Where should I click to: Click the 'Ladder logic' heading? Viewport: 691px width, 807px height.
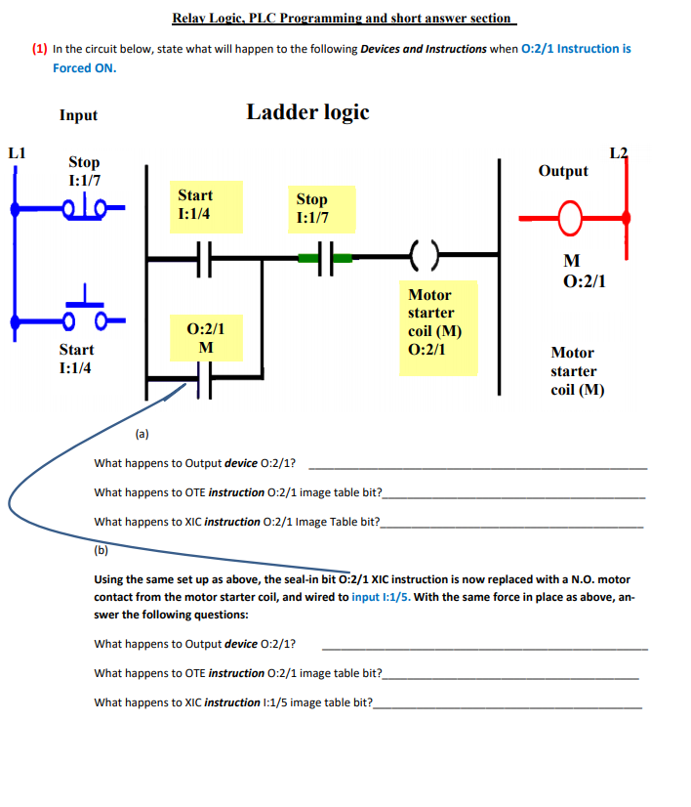pyautogui.click(x=307, y=112)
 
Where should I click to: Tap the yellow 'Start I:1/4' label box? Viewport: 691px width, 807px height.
pyautogui.click(x=206, y=206)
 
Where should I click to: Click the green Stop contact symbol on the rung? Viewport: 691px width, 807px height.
pyautogui.click(x=326, y=259)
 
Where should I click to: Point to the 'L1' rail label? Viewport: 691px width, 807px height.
pyautogui.click(x=17, y=152)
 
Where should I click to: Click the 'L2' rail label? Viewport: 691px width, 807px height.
pyautogui.click(x=619, y=152)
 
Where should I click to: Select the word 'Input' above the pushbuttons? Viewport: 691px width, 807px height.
pyautogui.click(x=78, y=115)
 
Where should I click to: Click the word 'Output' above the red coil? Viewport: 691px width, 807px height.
pyautogui.click(x=563, y=171)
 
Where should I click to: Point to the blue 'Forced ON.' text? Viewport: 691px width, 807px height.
pyautogui.click(x=84, y=68)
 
